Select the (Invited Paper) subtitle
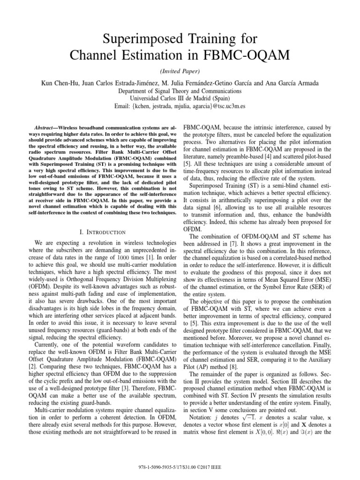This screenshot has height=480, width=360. (180, 71)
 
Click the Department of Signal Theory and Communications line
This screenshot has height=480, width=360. (180, 91)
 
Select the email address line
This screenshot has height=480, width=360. (180, 106)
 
